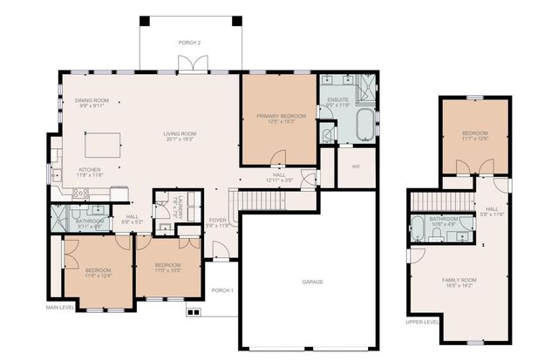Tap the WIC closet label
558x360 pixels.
click(356, 165)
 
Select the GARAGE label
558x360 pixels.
click(312, 282)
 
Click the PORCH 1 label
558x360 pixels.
click(223, 290)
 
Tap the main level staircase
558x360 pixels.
click(266, 200)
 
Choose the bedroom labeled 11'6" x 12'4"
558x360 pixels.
click(98, 273)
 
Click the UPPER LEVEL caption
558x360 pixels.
click(422, 321)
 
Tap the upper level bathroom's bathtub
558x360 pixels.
click(418, 229)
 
